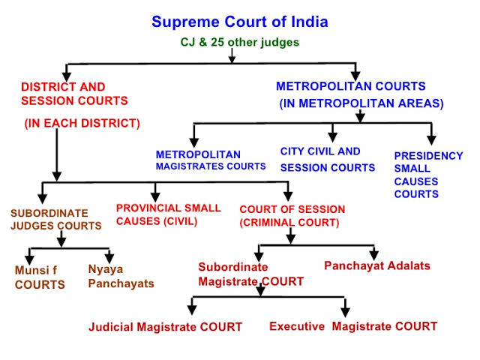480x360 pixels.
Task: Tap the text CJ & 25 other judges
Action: point(240,42)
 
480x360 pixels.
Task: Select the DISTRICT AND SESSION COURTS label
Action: point(74,94)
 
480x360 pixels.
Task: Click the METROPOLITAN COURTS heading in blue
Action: point(351,86)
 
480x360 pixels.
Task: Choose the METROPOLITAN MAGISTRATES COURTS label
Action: point(211,160)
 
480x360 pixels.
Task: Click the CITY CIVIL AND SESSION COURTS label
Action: point(328,159)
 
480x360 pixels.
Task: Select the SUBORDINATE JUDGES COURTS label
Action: point(56,219)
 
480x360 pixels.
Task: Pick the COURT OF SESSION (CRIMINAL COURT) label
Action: point(292,215)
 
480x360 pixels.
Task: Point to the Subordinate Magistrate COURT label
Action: point(250,274)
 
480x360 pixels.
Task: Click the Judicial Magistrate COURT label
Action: point(165,326)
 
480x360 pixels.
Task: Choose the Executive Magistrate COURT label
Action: point(352,326)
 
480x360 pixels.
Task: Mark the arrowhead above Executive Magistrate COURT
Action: point(345,310)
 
